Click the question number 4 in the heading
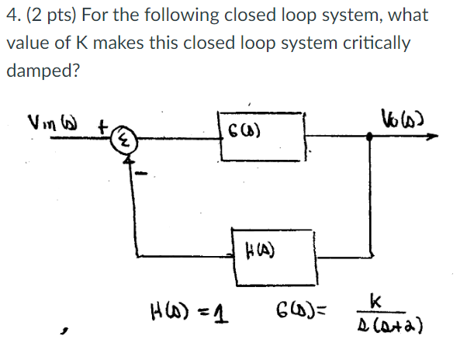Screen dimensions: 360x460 pos(11,16)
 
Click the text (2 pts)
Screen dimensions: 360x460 pos(48,16)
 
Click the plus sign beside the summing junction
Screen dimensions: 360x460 pos(102,124)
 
